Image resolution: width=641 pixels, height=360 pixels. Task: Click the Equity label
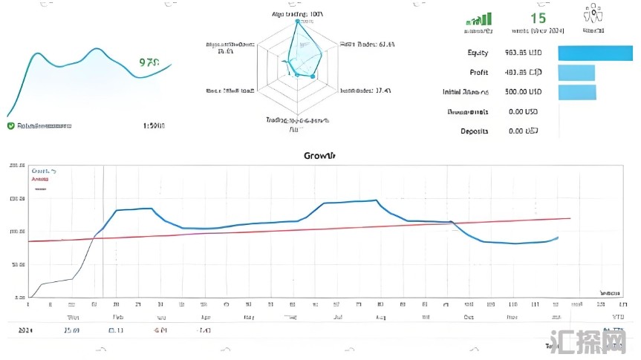pyautogui.click(x=478, y=53)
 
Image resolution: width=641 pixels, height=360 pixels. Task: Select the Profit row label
pyautogui.click(x=479, y=73)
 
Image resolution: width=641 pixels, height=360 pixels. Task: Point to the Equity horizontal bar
pyautogui.click(x=595, y=53)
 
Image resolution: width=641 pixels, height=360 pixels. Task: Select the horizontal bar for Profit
pyautogui.click(x=576, y=73)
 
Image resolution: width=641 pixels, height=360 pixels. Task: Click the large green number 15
pyautogui.click(x=538, y=18)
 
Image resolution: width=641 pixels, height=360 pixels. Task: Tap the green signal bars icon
pyautogui.click(x=479, y=19)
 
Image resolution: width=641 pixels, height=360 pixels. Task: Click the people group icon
pyautogui.click(x=592, y=16)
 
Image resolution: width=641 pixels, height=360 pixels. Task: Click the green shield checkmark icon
pyautogui.click(x=10, y=126)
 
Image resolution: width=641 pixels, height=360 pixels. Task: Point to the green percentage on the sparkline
pyautogui.click(x=149, y=63)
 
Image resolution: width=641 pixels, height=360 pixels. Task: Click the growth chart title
pyautogui.click(x=319, y=156)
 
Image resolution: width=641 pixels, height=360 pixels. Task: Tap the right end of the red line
pyautogui.click(x=570, y=218)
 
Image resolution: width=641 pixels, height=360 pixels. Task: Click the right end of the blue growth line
pyautogui.click(x=558, y=238)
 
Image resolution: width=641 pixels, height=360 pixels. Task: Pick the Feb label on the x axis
pyautogui.click(x=118, y=316)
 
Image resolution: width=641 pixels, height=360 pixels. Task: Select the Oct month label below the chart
pyautogui.click(x=469, y=316)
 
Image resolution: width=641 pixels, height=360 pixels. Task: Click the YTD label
pyautogui.click(x=614, y=316)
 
